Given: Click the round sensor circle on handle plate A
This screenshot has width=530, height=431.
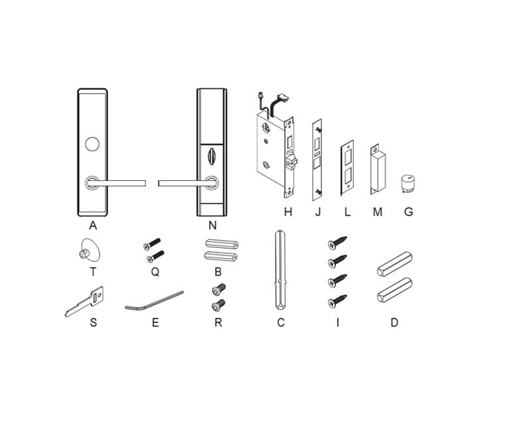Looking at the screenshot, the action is (92, 144).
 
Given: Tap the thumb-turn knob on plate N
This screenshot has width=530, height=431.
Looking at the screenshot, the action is (211, 156).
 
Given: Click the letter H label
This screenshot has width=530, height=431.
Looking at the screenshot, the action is (288, 212).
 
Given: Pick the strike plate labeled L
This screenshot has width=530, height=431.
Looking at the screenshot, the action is (347, 168).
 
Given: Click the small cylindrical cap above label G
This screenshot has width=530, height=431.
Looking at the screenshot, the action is (408, 184).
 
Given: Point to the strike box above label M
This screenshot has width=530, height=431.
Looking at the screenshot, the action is (378, 170).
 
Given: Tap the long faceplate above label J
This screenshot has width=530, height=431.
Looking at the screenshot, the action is (317, 160).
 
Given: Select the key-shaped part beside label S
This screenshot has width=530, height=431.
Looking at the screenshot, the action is (85, 302).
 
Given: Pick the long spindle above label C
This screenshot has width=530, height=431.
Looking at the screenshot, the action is (281, 270).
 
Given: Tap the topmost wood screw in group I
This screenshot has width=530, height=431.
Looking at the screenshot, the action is (337, 243).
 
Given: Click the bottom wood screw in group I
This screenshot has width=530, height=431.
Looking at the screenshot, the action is (337, 302).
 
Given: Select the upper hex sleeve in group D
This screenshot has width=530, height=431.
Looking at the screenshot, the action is (394, 264).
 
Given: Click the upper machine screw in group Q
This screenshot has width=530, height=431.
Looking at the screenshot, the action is (152, 244).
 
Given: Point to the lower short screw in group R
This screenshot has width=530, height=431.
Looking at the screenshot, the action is (219, 306).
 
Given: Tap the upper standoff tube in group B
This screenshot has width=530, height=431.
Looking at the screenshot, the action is (222, 244).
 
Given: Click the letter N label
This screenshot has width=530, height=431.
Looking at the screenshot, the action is (212, 225).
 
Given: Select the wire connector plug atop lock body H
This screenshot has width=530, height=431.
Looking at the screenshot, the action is (282, 97).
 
